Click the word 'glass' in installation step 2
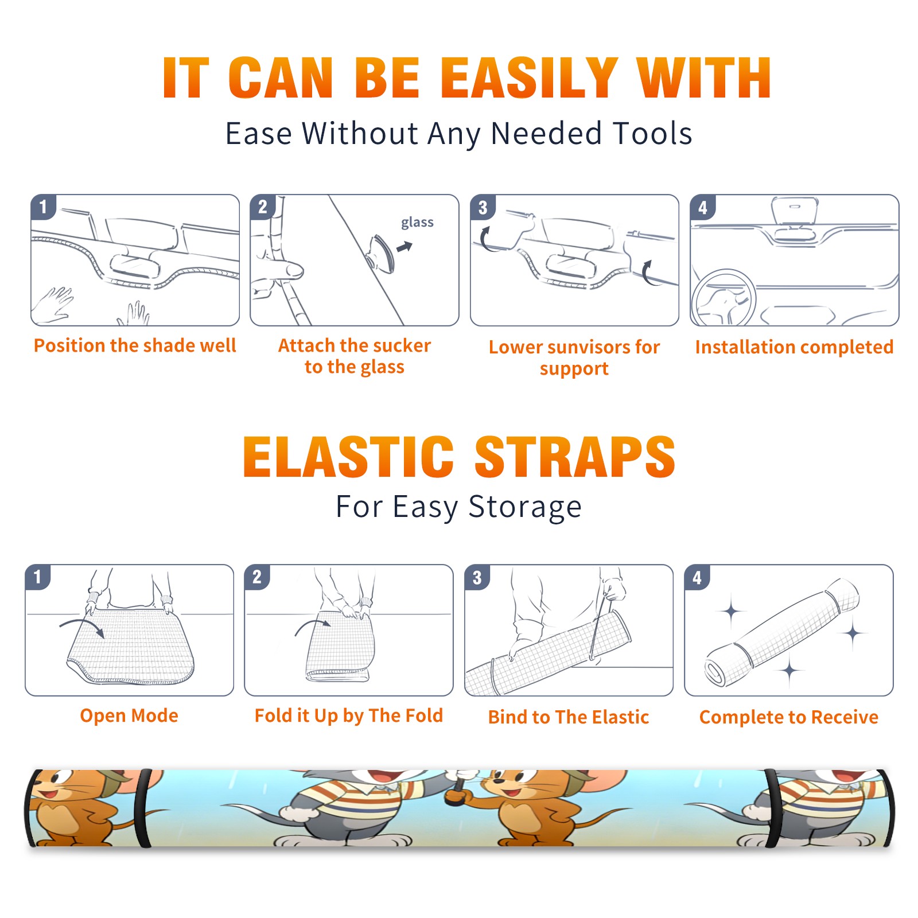click(x=417, y=223)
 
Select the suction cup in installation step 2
click(x=383, y=252)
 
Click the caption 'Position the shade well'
click(x=135, y=345)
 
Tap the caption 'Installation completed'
click(x=794, y=347)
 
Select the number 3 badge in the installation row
click(x=483, y=207)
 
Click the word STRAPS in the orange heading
click(x=575, y=457)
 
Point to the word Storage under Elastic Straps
click(x=525, y=507)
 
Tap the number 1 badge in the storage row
click(x=38, y=577)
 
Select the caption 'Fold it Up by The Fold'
click(x=349, y=716)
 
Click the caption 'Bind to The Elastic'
click(x=569, y=717)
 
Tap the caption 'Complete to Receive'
click(x=789, y=717)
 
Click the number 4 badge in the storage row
click(x=697, y=577)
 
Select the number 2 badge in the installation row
click(x=263, y=207)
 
